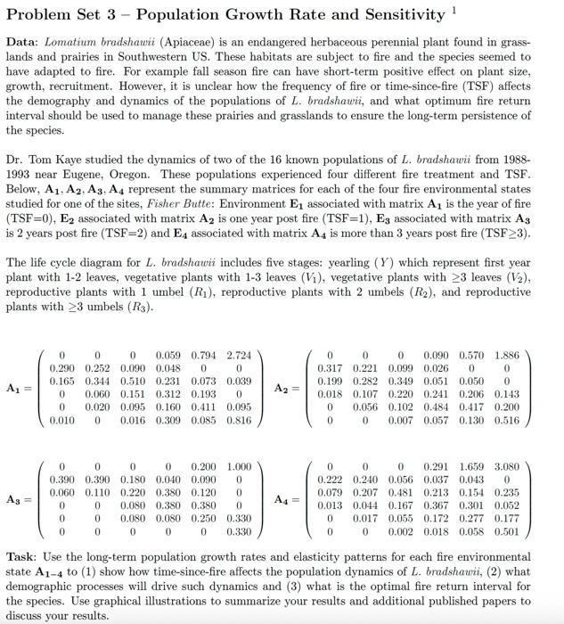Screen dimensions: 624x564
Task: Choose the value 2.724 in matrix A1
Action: (x=238, y=355)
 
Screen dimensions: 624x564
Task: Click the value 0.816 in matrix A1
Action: (x=238, y=419)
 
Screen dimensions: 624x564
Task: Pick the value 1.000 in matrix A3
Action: (x=238, y=466)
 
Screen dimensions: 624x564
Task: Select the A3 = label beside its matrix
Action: (x=22, y=498)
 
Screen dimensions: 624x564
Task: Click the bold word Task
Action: (x=23, y=557)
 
